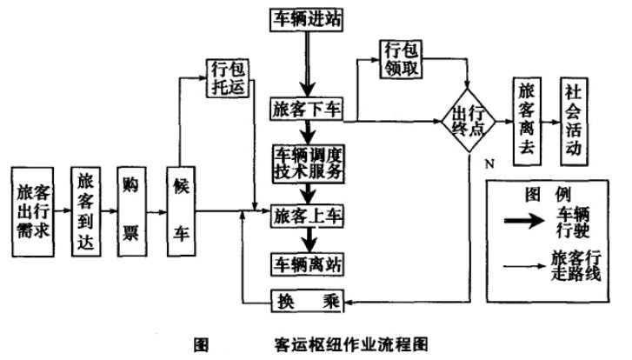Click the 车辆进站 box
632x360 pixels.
(x=308, y=18)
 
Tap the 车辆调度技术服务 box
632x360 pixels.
(x=308, y=162)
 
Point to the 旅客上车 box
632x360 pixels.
(x=308, y=213)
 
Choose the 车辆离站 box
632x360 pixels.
(x=308, y=261)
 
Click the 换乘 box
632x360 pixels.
(x=308, y=301)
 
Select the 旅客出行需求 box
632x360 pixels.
(x=32, y=209)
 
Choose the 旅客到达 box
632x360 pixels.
(x=83, y=209)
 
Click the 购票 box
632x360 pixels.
(x=133, y=209)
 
